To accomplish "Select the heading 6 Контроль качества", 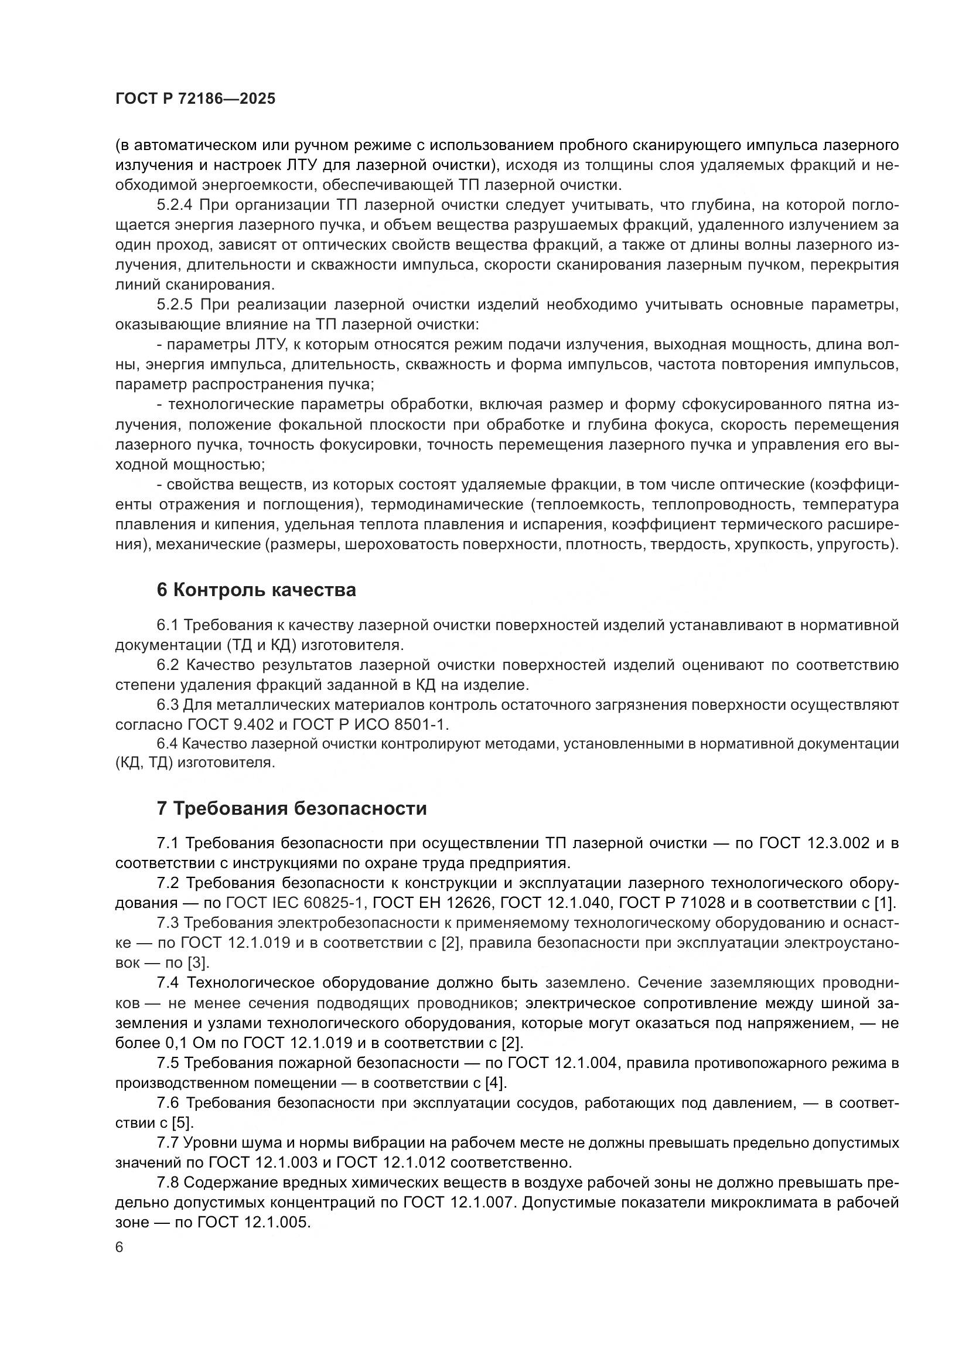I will point(256,590).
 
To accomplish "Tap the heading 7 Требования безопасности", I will point(291,808).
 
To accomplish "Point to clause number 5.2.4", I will point(174,205).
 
